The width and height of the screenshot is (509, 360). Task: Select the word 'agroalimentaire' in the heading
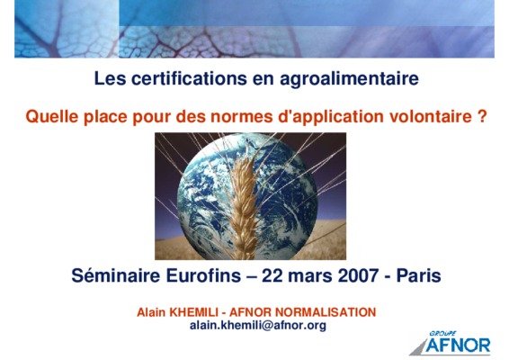[349, 79]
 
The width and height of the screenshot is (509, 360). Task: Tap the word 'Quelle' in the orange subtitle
[52, 116]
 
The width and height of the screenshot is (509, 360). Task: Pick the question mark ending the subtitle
[482, 116]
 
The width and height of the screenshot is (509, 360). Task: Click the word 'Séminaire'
[116, 275]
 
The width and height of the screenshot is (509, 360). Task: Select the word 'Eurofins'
[203, 275]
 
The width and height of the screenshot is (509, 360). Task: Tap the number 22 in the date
[272, 275]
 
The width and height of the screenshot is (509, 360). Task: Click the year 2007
[358, 275]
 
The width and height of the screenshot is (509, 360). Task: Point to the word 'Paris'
[419, 275]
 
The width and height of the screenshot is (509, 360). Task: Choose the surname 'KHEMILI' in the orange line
[194, 312]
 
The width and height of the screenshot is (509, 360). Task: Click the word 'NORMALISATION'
[326, 312]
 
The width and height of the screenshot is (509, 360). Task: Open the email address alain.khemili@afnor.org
[258, 325]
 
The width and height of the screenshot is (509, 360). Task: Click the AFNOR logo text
[459, 346]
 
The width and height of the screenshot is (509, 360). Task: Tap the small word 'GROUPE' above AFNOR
[442, 333]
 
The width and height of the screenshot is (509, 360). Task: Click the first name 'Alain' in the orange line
[151, 312]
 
